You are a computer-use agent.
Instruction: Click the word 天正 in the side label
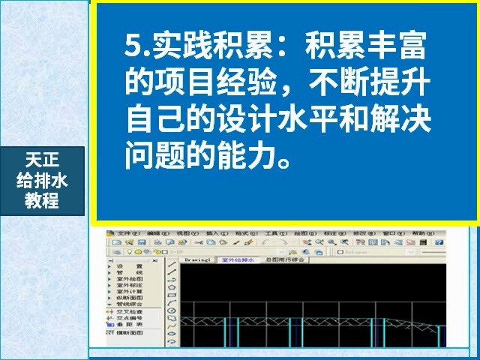click(41, 159)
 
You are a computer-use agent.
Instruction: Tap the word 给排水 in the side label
click(41, 180)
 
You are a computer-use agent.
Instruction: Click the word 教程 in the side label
click(41, 201)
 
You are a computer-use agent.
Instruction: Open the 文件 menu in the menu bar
click(124, 233)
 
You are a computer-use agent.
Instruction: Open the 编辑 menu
click(158, 233)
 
